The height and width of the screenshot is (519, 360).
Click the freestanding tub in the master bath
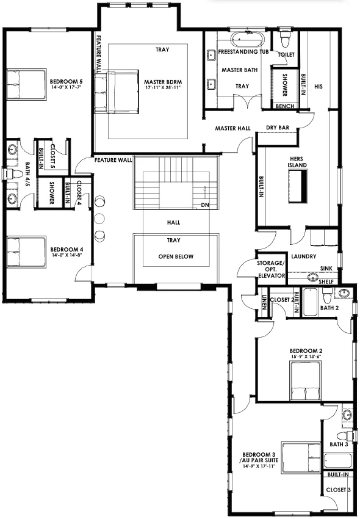tap(248, 40)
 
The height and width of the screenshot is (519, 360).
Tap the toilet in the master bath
tap(284, 38)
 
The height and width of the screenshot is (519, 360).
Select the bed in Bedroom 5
tap(26, 84)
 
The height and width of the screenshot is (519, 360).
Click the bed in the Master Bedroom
tap(117, 92)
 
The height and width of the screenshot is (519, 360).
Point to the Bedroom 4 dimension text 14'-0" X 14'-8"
tap(67, 255)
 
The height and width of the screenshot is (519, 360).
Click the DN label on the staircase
tap(205, 205)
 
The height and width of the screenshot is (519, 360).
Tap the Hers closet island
tap(298, 186)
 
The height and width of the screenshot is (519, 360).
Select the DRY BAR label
tap(278, 128)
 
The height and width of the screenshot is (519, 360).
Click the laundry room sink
tap(312, 277)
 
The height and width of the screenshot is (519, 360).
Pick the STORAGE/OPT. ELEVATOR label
tap(271, 269)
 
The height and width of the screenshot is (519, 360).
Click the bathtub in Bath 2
tap(310, 302)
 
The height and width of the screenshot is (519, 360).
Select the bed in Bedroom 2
tap(306, 381)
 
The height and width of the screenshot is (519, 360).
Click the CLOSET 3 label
tap(338, 490)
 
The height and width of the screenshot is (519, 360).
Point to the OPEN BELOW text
tap(176, 256)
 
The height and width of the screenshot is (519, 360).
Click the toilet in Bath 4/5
tap(14, 174)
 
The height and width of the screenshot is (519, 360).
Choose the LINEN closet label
tap(264, 302)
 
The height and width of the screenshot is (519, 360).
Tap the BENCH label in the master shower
tap(285, 106)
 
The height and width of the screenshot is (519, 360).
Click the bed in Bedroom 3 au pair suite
tap(301, 455)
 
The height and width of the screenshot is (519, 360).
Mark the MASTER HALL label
tap(233, 128)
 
